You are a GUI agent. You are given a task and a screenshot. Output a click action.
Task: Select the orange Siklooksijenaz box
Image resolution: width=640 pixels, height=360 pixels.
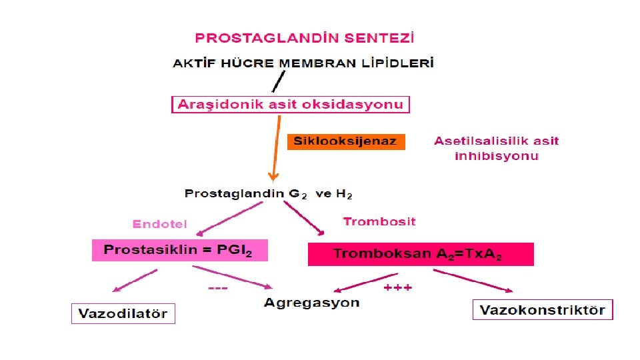click(345, 141)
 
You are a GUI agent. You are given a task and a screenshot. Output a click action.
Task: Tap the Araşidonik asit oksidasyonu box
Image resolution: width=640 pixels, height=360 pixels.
click(291, 105)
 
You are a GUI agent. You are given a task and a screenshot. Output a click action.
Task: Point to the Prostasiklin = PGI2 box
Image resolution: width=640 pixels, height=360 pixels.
click(180, 251)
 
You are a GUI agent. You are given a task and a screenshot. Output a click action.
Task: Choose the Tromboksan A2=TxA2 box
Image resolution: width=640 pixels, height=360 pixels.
click(421, 254)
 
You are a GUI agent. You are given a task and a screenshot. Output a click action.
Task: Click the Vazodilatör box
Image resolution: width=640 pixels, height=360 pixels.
click(123, 313)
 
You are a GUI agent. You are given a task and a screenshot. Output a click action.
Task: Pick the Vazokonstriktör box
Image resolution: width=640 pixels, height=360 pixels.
click(542, 310)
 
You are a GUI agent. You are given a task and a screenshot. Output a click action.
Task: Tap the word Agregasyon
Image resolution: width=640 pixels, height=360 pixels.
click(311, 303)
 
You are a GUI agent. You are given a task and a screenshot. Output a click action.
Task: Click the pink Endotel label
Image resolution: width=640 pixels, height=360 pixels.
click(160, 224)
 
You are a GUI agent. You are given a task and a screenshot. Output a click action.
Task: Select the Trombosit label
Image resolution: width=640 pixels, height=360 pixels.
click(379, 221)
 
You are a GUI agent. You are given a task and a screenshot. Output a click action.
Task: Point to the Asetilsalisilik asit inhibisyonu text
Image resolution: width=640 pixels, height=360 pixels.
click(497, 148)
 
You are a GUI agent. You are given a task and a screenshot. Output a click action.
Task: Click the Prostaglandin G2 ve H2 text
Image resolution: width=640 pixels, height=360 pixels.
click(268, 194)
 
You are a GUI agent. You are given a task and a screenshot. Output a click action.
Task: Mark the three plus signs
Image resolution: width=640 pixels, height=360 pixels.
click(398, 287)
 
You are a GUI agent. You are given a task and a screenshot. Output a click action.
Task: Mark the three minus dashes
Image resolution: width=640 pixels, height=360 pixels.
click(218, 288)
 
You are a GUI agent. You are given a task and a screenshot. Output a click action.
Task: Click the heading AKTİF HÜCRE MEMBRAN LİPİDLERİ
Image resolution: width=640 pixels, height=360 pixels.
click(303, 64)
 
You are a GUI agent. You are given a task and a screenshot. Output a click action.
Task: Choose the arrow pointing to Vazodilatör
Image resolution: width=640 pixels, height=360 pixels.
click(135, 281)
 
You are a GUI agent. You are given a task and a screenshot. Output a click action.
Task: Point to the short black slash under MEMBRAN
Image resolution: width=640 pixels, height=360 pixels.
click(275, 83)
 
